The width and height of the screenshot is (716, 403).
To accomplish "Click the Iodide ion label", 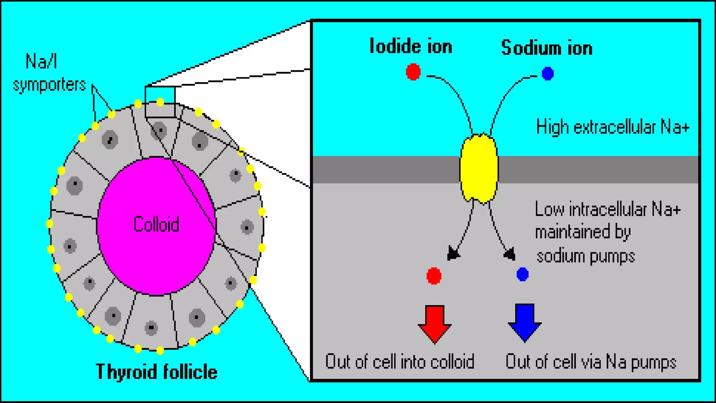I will [x=411, y=47].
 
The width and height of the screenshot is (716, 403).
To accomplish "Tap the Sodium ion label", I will [x=547, y=48].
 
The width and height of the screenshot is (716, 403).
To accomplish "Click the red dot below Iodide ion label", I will [x=413, y=72].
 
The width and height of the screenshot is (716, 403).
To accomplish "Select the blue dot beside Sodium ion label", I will [x=547, y=73].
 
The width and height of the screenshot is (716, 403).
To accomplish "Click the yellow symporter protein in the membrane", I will [x=479, y=169].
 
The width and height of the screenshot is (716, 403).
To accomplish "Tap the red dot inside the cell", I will [x=434, y=276].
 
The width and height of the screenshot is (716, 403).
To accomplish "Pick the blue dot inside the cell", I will [x=522, y=274].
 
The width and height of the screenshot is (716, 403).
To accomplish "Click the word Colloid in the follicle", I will [x=156, y=224].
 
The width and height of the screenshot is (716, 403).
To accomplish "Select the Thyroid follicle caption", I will [x=156, y=372].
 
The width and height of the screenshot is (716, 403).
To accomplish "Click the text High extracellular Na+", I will [x=613, y=127].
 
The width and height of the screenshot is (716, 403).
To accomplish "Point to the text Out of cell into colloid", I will [x=400, y=362].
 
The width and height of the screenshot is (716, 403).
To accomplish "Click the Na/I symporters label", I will [x=49, y=73].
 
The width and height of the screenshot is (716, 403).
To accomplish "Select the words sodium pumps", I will [x=586, y=256].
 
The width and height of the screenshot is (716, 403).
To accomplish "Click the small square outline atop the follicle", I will [x=160, y=102].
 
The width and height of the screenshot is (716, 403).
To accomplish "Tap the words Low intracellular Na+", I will [x=608, y=210].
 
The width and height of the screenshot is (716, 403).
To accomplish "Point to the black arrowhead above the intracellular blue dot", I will [x=510, y=254].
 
